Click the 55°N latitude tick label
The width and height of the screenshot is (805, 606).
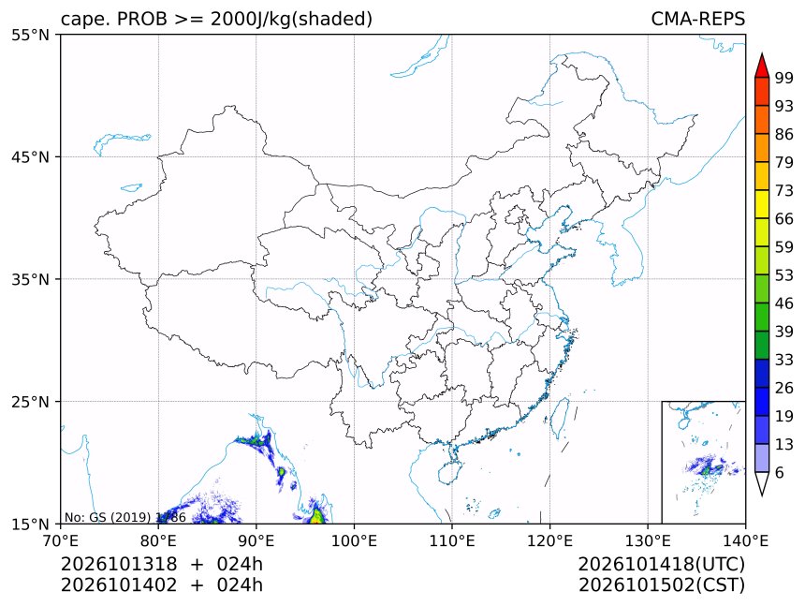30,35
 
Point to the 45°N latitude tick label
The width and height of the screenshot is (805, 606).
30,156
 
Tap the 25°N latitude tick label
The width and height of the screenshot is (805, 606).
30,402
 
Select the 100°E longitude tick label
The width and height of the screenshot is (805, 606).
354,540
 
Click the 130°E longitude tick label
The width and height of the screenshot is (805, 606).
648,540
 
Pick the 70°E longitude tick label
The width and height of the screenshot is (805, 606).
61,540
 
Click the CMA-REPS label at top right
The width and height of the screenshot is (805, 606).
697,19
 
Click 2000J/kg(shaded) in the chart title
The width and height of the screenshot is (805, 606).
292,19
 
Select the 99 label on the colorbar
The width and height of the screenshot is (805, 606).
784,78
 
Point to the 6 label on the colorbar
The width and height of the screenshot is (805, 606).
780,472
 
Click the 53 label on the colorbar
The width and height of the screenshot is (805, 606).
784,275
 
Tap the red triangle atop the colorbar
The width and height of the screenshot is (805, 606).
762,66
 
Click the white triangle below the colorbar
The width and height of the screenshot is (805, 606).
762,483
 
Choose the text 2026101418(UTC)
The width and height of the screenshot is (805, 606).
661,565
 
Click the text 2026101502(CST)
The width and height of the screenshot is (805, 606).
661,585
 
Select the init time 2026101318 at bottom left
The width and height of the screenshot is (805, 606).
119,564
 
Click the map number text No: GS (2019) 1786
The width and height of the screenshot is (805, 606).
124,517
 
